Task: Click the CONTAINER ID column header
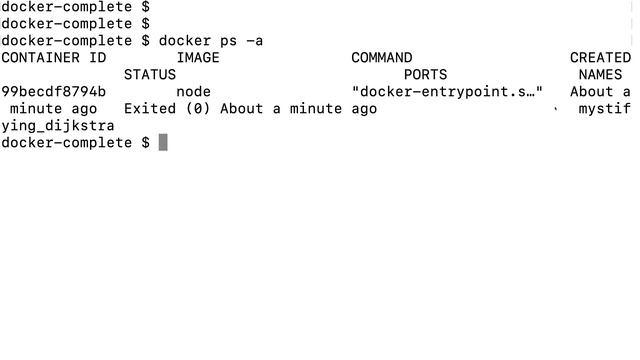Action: [53, 58]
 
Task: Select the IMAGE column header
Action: [198, 58]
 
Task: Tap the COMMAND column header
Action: [382, 58]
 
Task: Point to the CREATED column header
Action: [600, 58]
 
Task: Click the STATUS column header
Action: [150, 75]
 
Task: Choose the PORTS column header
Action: [425, 75]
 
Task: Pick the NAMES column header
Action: [600, 75]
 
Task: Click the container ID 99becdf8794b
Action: [53, 91]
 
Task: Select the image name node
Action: [193, 92]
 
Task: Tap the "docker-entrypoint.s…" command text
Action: [447, 92]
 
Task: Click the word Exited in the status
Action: [150, 109]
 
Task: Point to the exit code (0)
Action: [198, 109]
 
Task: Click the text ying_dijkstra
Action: [58, 126]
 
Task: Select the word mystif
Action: [604, 109]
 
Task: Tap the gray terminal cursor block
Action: [163, 142]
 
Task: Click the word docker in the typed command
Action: [185, 41]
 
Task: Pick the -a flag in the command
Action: [255, 41]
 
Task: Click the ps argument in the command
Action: [229, 42]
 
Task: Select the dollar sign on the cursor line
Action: [145, 143]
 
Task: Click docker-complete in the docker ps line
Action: [67, 41]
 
